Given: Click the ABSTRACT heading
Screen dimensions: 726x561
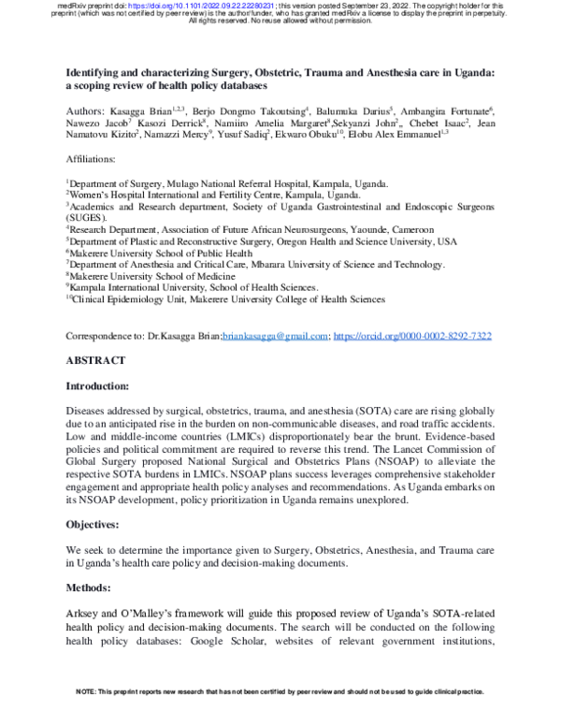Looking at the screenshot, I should tap(97, 360).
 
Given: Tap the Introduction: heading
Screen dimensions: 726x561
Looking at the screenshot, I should tap(102, 385).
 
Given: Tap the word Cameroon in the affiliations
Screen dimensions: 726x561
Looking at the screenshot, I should tap(405, 228).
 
